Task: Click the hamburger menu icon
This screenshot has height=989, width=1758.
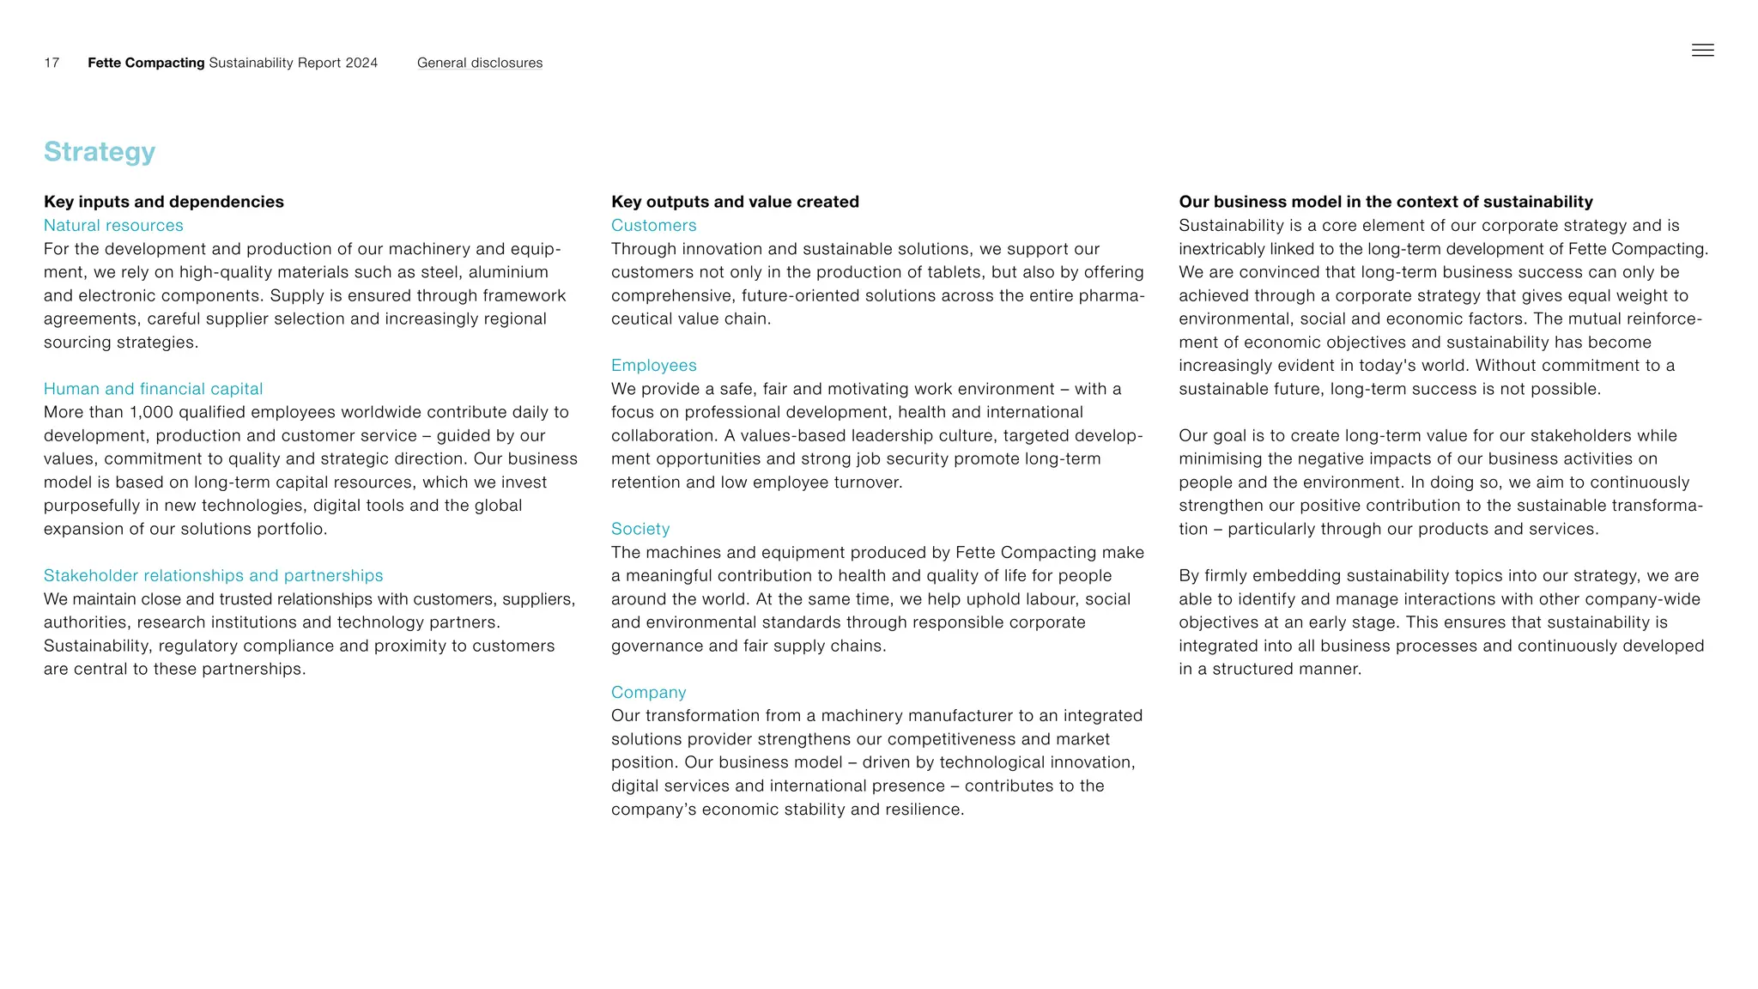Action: pyautogui.click(x=1702, y=51)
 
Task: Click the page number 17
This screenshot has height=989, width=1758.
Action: pyautogui.click(x=52, y=63)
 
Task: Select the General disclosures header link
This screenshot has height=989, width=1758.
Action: pyautogui.click(x=479, y=63)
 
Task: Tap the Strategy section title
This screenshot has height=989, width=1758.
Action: pyautogui.click(x=100, y=151)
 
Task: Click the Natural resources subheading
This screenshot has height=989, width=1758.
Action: pyautogui.click(x=113, y=225)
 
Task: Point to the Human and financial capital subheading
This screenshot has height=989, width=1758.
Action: pyautogui.click(x=153, y=389)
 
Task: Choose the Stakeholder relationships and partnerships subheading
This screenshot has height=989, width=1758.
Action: pyautogui.click(x=213, y=575)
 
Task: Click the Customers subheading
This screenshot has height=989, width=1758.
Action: pyautogui.click(x=653, y=225)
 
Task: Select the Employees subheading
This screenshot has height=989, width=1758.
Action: pyautogui.click(x=653, y=366)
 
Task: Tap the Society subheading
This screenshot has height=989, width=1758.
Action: pyautogui.click(x=640, y=529)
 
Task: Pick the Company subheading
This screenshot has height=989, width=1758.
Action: pyautogui.click(x=648, y=692)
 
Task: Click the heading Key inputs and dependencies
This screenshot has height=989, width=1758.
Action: pyautogui.click(x=163, y=202)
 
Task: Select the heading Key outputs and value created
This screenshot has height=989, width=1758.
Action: pyautogui.click(x=735, y=202)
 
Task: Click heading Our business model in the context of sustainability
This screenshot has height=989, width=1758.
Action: pyautogui.click(x=1385, y=202)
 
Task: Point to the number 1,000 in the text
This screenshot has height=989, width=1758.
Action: pyautogui.click(x=151, y=412)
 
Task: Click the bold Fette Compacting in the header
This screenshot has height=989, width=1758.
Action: pyautogui.click(x=146, y=63)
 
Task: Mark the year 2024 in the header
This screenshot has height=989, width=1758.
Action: pyautogui.click(x=361, y=63)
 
